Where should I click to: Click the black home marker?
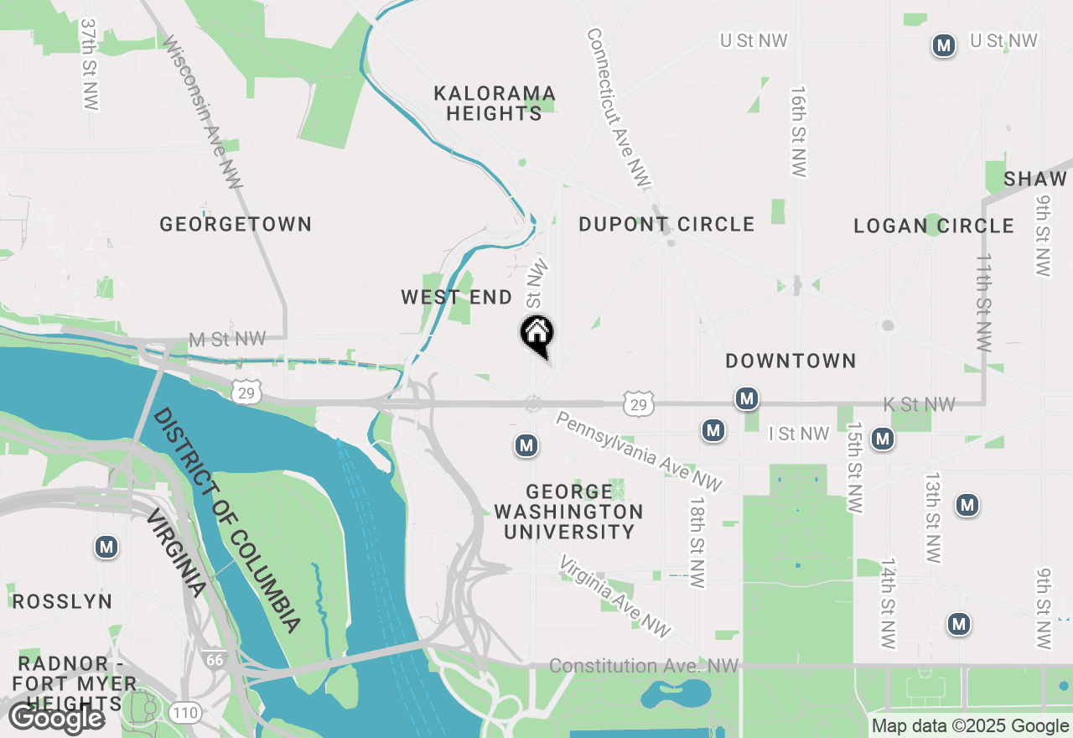pyautogui.click(x=537, y=333)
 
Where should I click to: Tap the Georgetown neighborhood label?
pyautogui.click(x=236, y=224)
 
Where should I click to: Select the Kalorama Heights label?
pyautogui.click(x=495, y=103)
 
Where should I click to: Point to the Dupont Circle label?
pyautogui.click(x=666, y=224)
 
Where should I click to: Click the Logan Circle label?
pyautogui.click(x=934, y=226)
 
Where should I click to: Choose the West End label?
pyautogui.click(x=456, y=297)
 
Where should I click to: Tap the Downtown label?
pyautogui.click(x=790, y=361)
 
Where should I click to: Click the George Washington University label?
pyautogui.click(x=568, y=512)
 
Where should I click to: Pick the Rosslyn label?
pyautogui.click(x=62, y=601)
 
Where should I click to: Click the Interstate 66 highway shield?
pyautogui.click(x=214, y=659)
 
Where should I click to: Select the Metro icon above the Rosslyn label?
pyautogui.click(x=106, y=548)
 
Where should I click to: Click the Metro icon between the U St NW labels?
pyautogui.click(x=944, y=45)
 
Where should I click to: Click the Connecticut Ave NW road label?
pyautogui.click(x=618, y=107)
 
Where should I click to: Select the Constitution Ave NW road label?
pyautogui.click(x=644, y=666)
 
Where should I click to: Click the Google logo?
pyautogui.click(x=56, y=718)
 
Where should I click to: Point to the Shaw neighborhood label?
pyautogui.click(x=1035, y=179)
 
